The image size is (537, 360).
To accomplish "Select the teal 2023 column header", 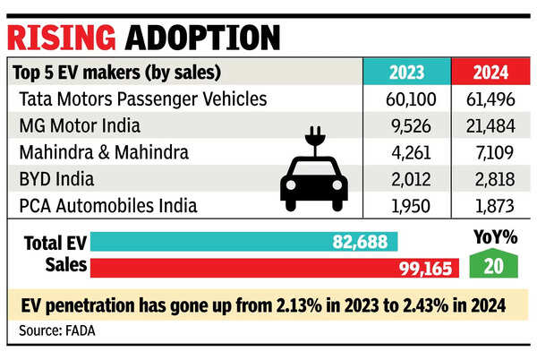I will pos(400,73).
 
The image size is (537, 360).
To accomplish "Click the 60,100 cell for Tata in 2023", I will pos(400,98).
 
